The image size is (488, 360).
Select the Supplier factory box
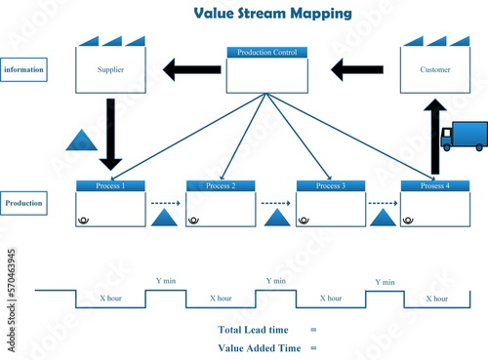(x=111, y=69)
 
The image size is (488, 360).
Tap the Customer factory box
(x=435, y=69)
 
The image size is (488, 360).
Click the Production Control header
(x=266, y=52)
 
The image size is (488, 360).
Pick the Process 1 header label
(x=110, y=185)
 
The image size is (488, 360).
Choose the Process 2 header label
(x=221, y=185)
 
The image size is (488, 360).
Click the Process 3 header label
(x=331, y=185)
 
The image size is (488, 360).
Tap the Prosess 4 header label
(x=435, y=185)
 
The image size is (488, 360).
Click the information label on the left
(x=23, y=70)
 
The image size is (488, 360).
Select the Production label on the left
(x=23, y=204)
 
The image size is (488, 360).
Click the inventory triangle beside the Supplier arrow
(x=80, y=141)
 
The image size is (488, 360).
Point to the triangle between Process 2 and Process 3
(x=276, y=218)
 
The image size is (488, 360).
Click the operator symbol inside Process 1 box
(x=84, y=220)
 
